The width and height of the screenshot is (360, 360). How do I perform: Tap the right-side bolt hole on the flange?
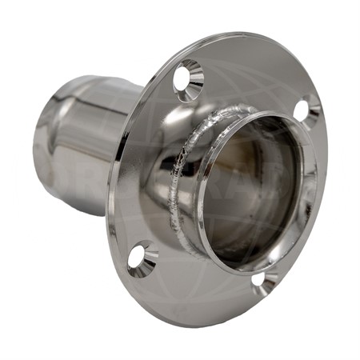coord(306,109)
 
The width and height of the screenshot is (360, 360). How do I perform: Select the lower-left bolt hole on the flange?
coord(142,258)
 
